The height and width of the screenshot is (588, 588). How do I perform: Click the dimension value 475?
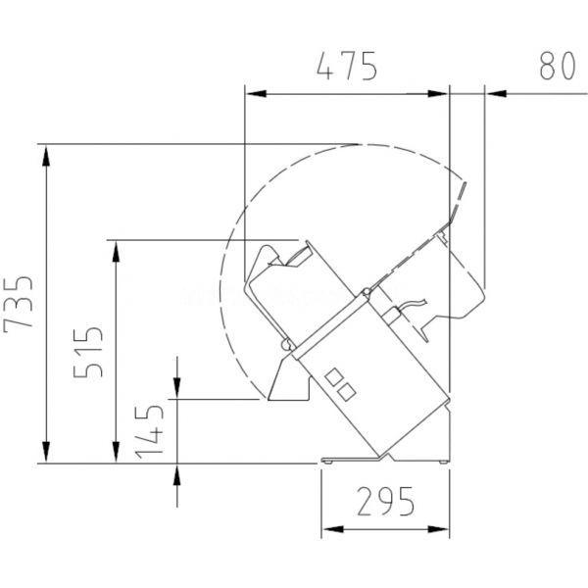tap(347, 67)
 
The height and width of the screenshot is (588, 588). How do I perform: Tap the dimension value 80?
tap(558, 66)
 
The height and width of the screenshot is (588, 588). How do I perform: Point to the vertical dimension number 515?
tap(88, 353)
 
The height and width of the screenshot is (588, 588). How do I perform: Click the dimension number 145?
tap(150, 431)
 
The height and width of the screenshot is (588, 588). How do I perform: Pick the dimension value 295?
tap(386, 501)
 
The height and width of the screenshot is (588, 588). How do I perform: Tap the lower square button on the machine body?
tap(347, 391)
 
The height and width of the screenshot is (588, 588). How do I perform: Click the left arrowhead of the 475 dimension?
tap(256, 93)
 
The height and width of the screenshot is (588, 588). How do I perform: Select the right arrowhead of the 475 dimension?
tap(438, 93)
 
